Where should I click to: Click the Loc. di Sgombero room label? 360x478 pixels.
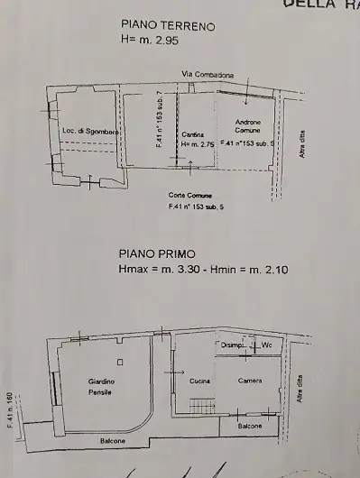click(x=92, y=132)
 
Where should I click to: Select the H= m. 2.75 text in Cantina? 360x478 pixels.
click(x=196, y=143)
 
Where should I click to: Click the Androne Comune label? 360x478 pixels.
click(x=247, y=126)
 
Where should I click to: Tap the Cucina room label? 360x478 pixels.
click(x=200, y=381)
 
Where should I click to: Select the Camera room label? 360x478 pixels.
click(x=250, y=381)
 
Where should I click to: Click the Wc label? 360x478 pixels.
click(x=268, y=345)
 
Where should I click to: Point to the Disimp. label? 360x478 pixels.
click(x=233, y=345)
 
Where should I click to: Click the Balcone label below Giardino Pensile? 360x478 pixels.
click(x=110, y=440)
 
